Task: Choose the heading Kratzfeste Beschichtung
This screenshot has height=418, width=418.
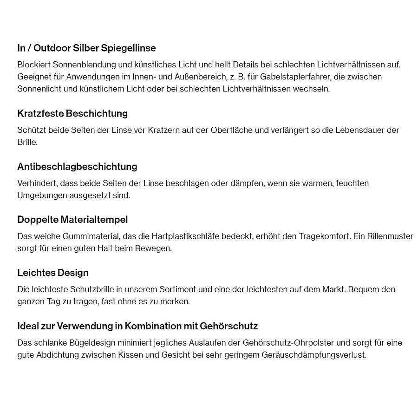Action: tap(72, 114)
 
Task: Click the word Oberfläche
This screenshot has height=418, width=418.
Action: tap(231, 130)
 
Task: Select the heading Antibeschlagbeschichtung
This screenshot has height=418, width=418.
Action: tap(77, 167)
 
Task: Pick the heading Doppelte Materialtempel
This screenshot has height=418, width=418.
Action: tap(72, 220)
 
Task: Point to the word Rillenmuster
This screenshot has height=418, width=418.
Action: tap(390, 236)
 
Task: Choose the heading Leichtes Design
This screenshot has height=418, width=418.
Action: tap(53, 273)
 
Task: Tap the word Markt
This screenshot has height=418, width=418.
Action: tap(333, 289)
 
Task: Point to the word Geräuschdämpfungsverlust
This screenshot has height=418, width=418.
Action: tap(314, 355)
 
